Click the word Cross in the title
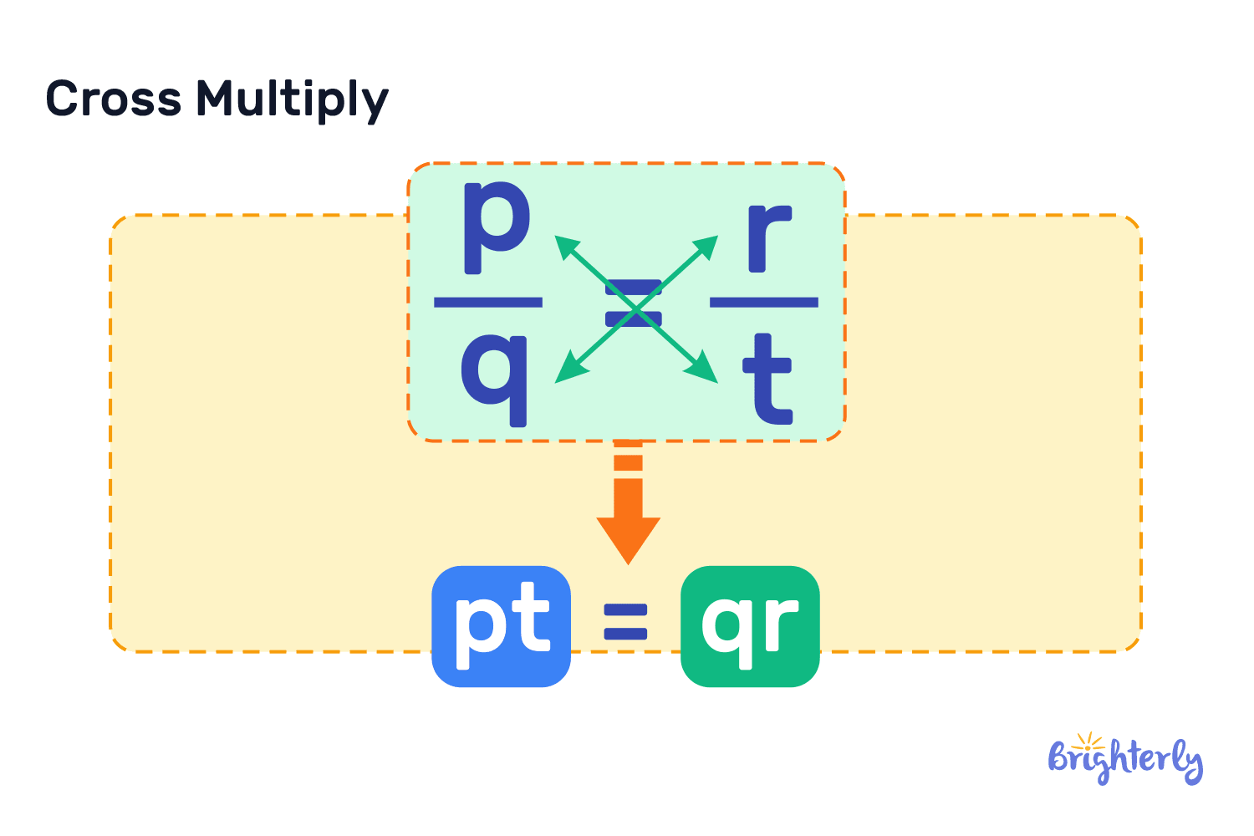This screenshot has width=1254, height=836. point(113,99)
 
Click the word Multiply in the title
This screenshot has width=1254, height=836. point(292,100)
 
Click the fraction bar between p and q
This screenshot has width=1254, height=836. point(488,302)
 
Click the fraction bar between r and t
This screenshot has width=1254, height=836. point(764,302)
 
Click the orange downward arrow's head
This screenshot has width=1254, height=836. point(628,539)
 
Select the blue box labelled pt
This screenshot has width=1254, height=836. point(501,626)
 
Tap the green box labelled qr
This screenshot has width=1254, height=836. point(750,626)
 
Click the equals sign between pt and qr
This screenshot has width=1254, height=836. point(626,623)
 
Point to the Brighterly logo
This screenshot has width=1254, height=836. point(1124,761)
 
